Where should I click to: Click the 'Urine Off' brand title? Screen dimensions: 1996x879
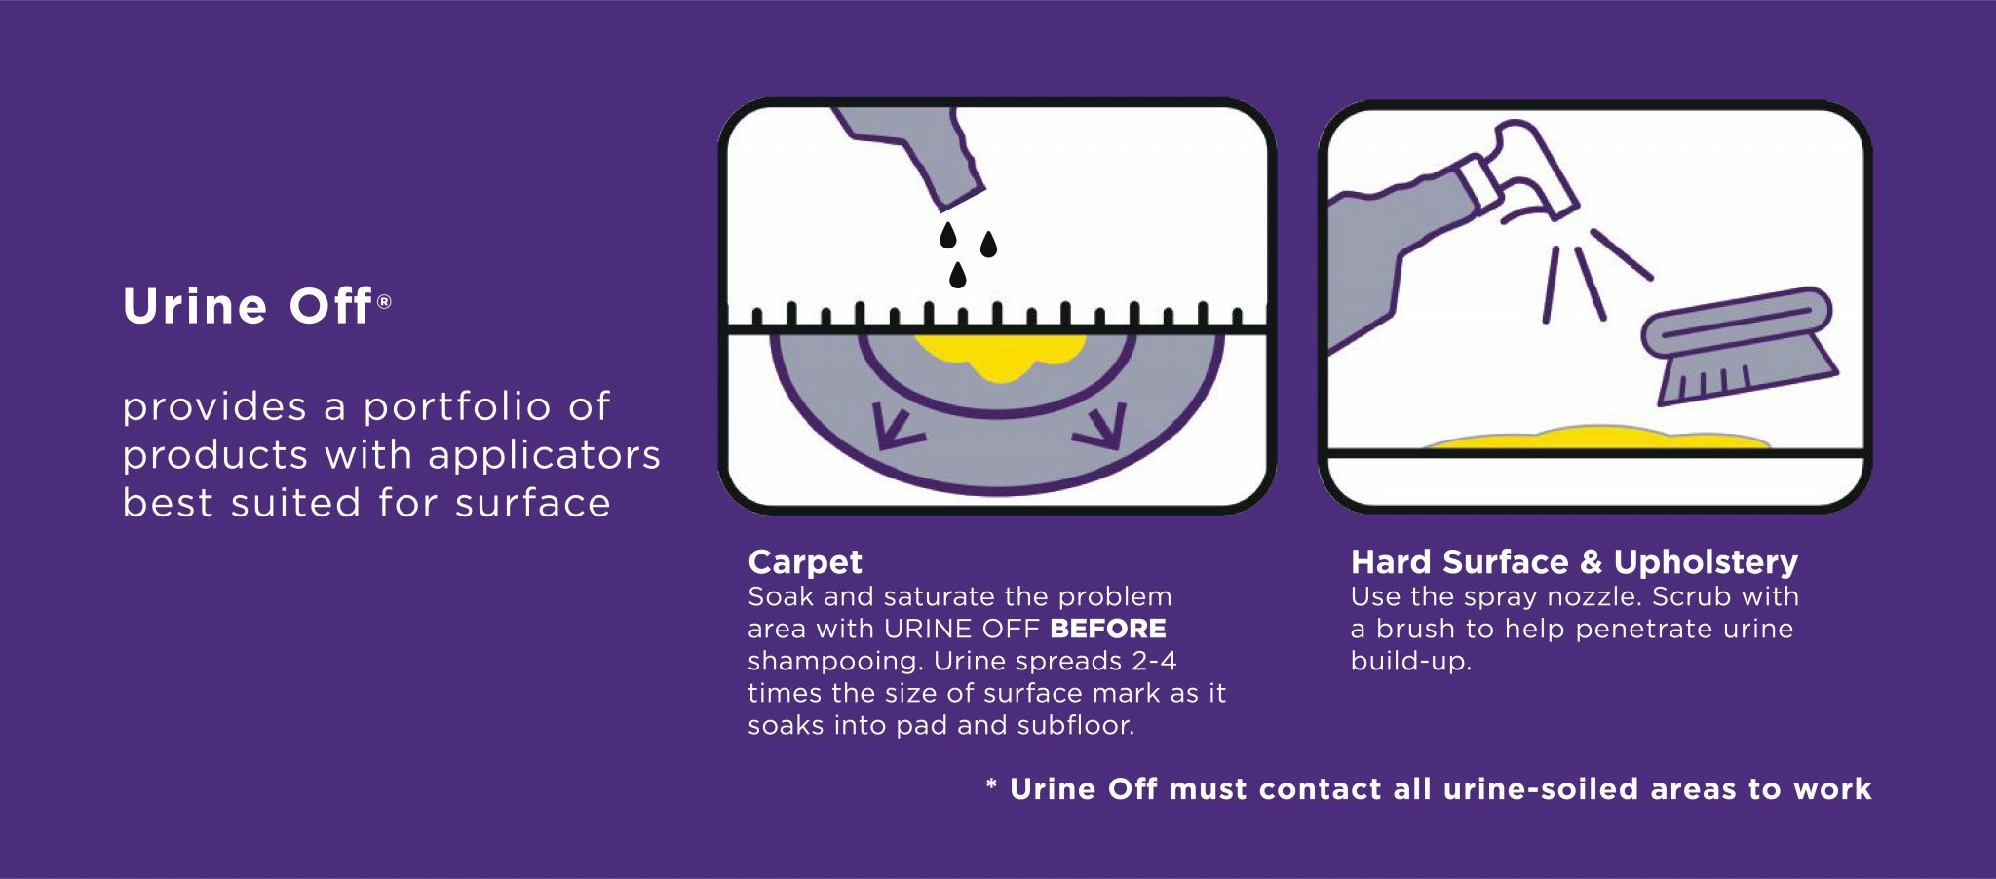(248, 306)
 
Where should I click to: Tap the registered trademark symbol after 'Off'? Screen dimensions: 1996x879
(384, 302)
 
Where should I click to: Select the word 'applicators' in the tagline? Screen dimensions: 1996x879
(544, 455)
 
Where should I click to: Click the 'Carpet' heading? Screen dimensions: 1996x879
(805, 562)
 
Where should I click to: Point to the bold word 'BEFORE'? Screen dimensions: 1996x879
(1108, 629)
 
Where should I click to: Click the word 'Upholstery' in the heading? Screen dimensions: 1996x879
(1706, 562)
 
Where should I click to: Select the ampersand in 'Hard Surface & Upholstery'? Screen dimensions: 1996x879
(1591, 562)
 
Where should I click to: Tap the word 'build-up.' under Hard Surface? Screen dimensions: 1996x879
(1410, 661)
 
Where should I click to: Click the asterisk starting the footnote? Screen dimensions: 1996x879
(991, 785)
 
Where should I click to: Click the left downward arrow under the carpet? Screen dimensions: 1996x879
(897, 429)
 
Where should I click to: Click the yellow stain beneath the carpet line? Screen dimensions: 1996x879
(999, 357)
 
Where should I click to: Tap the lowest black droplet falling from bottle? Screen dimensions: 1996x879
(958, 276)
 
